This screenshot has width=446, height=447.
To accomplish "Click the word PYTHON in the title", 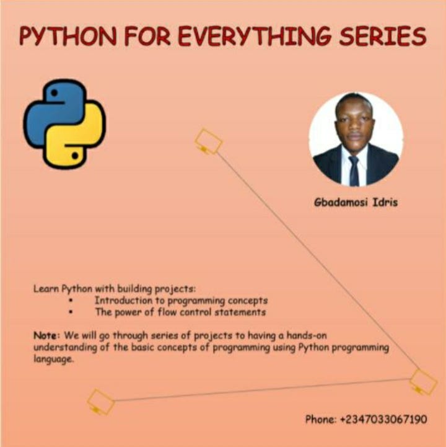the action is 68,36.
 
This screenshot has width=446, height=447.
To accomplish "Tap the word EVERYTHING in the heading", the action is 255,36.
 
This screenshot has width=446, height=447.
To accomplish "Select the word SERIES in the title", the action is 383,36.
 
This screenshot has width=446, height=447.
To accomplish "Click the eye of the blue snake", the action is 54,92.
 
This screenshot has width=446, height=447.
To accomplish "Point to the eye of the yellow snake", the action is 75,156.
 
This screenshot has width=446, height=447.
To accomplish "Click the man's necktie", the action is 354,171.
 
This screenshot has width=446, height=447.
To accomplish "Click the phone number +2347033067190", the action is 383,419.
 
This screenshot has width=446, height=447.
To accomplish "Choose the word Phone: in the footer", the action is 321,419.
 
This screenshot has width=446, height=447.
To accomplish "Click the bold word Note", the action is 45,335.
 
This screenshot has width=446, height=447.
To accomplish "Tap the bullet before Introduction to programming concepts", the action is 71,300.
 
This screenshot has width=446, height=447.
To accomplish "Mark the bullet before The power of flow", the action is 71,312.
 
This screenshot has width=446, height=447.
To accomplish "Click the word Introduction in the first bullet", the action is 124,300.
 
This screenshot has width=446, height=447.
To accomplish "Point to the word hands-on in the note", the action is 307,335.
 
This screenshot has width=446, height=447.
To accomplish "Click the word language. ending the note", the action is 53,359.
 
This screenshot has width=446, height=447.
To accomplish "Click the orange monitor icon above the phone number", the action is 423,382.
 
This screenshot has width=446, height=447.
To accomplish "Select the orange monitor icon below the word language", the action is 100,402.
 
